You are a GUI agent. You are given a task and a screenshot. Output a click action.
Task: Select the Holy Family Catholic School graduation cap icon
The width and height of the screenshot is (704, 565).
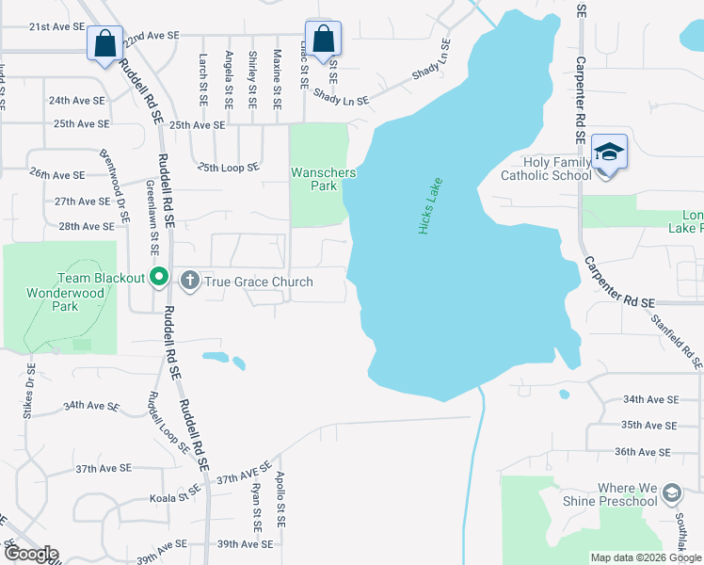pyautogui.click(x=609, y=152)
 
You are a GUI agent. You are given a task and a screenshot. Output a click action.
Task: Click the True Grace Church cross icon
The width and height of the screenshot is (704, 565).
pyautogui.click(x=189, y=281)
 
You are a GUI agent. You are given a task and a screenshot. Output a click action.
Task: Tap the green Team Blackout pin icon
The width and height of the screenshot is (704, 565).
pyautogui.click(x=160, y=278)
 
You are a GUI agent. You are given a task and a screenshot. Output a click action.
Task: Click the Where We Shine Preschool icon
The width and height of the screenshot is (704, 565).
pyautogui.click(x=671, y=492)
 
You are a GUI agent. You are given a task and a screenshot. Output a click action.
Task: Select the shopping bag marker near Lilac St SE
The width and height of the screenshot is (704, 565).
pyautogui.click(x=323, y=40)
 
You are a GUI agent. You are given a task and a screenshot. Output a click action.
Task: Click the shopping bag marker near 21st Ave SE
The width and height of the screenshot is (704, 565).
pyautogui.click(x=104, y=42)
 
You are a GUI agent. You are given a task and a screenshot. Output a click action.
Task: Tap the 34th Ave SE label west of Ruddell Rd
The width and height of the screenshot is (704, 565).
pyautogui.click(x=91, y=406)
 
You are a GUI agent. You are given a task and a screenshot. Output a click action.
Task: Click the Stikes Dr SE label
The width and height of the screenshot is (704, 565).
pyautogui.click(x=27, y=391)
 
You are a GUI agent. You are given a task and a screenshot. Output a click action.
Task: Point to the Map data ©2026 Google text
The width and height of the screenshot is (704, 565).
pyautogui.click(x=645, y=557)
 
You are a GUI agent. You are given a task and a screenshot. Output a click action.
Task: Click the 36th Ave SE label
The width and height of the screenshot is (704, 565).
pyautogui.click(x=645, y=452)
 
